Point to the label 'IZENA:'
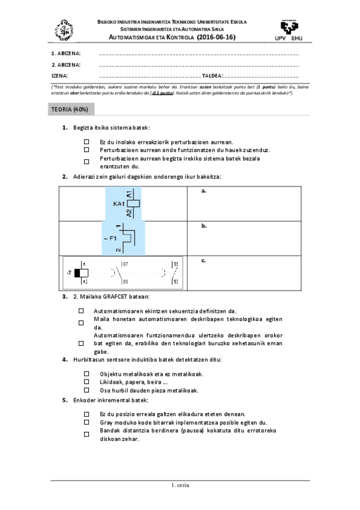click(x=59, y=76)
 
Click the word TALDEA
click(x=212, y=76)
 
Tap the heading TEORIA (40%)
click(x=70, y=109)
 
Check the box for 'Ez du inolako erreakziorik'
click(x=87, y=142)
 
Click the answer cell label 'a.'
click(x=204, y=191)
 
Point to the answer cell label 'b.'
click(x=204, y=226)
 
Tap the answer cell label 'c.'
click(x=204, y=260)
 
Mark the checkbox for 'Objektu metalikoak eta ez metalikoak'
click(x=87, y=373)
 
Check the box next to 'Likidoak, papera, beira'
click(x=87, y=382)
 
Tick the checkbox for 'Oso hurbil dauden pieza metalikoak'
click(x=87, y=390)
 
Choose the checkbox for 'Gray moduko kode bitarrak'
click(x=87, y=423)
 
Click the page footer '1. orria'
click(x=180, y=485)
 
